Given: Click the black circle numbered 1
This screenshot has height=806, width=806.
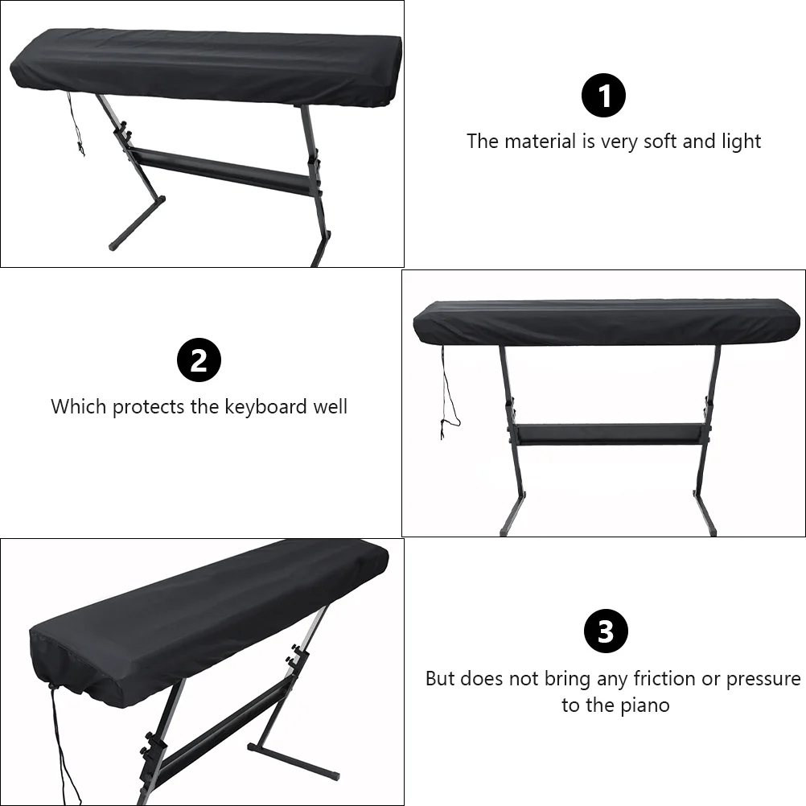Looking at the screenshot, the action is tap(603, 96).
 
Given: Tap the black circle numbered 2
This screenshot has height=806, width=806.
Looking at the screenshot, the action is tap(199, 360).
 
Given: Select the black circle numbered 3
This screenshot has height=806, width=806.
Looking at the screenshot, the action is tap(606, 631).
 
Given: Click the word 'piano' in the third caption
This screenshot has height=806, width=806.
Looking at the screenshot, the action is tap(645, 705).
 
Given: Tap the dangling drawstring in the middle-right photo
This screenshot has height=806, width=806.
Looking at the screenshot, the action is tap(449, 393).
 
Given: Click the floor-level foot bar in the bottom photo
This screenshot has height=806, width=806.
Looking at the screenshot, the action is tap(293, 762).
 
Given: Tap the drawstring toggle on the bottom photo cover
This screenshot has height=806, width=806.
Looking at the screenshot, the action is tap(51, 685).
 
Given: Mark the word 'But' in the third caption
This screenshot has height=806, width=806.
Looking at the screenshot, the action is tap(441, 679).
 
